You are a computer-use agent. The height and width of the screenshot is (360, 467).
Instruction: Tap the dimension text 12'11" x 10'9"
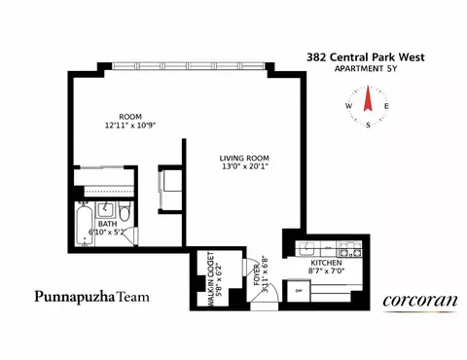[130, 126]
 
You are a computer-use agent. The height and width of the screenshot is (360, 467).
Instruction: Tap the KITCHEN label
[325, 263]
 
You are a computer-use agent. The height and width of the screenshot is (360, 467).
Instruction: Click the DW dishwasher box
[300, 290]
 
